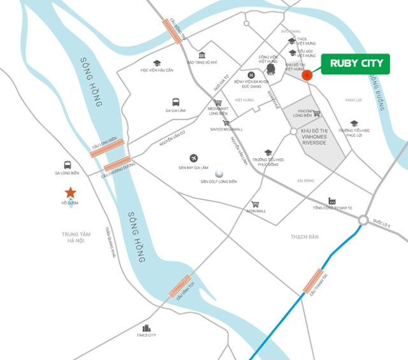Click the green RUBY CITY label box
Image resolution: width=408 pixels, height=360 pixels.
click(356, 63)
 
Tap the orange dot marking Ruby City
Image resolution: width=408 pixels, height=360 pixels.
click(307, 76)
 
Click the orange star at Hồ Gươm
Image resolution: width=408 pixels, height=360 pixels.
click(70, 192)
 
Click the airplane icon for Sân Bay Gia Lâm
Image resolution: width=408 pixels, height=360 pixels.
click(193, 158)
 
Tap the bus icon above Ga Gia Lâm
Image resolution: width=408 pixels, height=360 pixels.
click(175, 101)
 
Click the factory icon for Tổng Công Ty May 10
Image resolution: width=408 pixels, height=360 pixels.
click(332, 200)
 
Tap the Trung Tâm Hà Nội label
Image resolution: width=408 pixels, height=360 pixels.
click(76, 238)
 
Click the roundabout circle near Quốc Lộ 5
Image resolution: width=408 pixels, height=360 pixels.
click(363, 220)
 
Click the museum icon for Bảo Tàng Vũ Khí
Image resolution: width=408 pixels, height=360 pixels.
click(202, 55)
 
